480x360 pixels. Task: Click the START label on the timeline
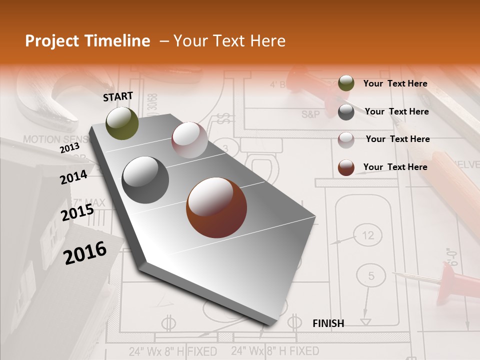click(118, 96)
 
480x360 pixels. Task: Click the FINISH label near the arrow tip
click(328, 323)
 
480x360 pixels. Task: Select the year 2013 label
click(69, 148)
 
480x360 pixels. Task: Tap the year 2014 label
click(74, 177)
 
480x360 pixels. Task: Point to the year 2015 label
click(77, 213)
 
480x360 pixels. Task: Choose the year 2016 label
click(85, 253)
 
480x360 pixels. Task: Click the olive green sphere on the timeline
click(122, 123)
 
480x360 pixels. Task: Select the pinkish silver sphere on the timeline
click(189, 140)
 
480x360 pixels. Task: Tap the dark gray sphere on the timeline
click(145, 180)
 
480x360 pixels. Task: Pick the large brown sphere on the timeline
click(216, 207)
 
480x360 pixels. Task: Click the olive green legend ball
click(346, 83)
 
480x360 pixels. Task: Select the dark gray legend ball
click(346, 112)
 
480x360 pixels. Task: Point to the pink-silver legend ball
click(346, 139)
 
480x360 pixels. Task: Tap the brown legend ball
click(346, 167)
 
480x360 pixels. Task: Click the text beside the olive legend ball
click(395, 83)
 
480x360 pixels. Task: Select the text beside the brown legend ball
click(395, 167)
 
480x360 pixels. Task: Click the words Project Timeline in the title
click(87, 41)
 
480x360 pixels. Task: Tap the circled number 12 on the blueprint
click(367, 235)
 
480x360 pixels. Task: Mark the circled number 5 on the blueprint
click(371, 275)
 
